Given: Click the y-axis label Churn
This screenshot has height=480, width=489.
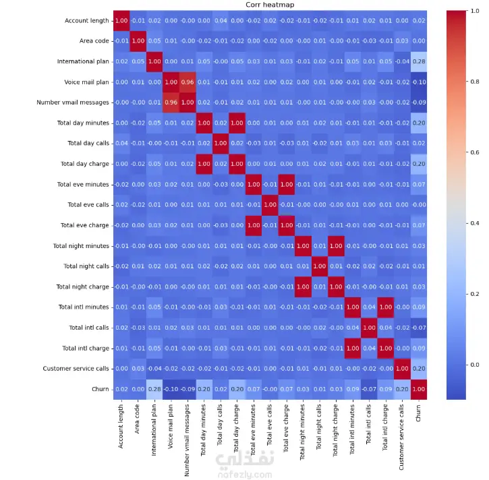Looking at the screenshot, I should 100,389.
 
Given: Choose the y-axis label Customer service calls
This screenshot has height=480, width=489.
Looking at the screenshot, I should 76,369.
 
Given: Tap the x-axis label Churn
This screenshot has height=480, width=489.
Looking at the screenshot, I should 420,413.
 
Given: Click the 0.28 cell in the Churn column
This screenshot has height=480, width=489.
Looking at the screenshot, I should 420,62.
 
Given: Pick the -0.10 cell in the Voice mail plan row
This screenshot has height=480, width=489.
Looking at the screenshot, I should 420,82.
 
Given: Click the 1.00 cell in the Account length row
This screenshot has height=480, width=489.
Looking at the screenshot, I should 121,22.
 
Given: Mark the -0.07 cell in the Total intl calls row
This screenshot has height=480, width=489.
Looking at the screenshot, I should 420,328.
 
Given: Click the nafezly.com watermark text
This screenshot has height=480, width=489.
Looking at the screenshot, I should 244,474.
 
